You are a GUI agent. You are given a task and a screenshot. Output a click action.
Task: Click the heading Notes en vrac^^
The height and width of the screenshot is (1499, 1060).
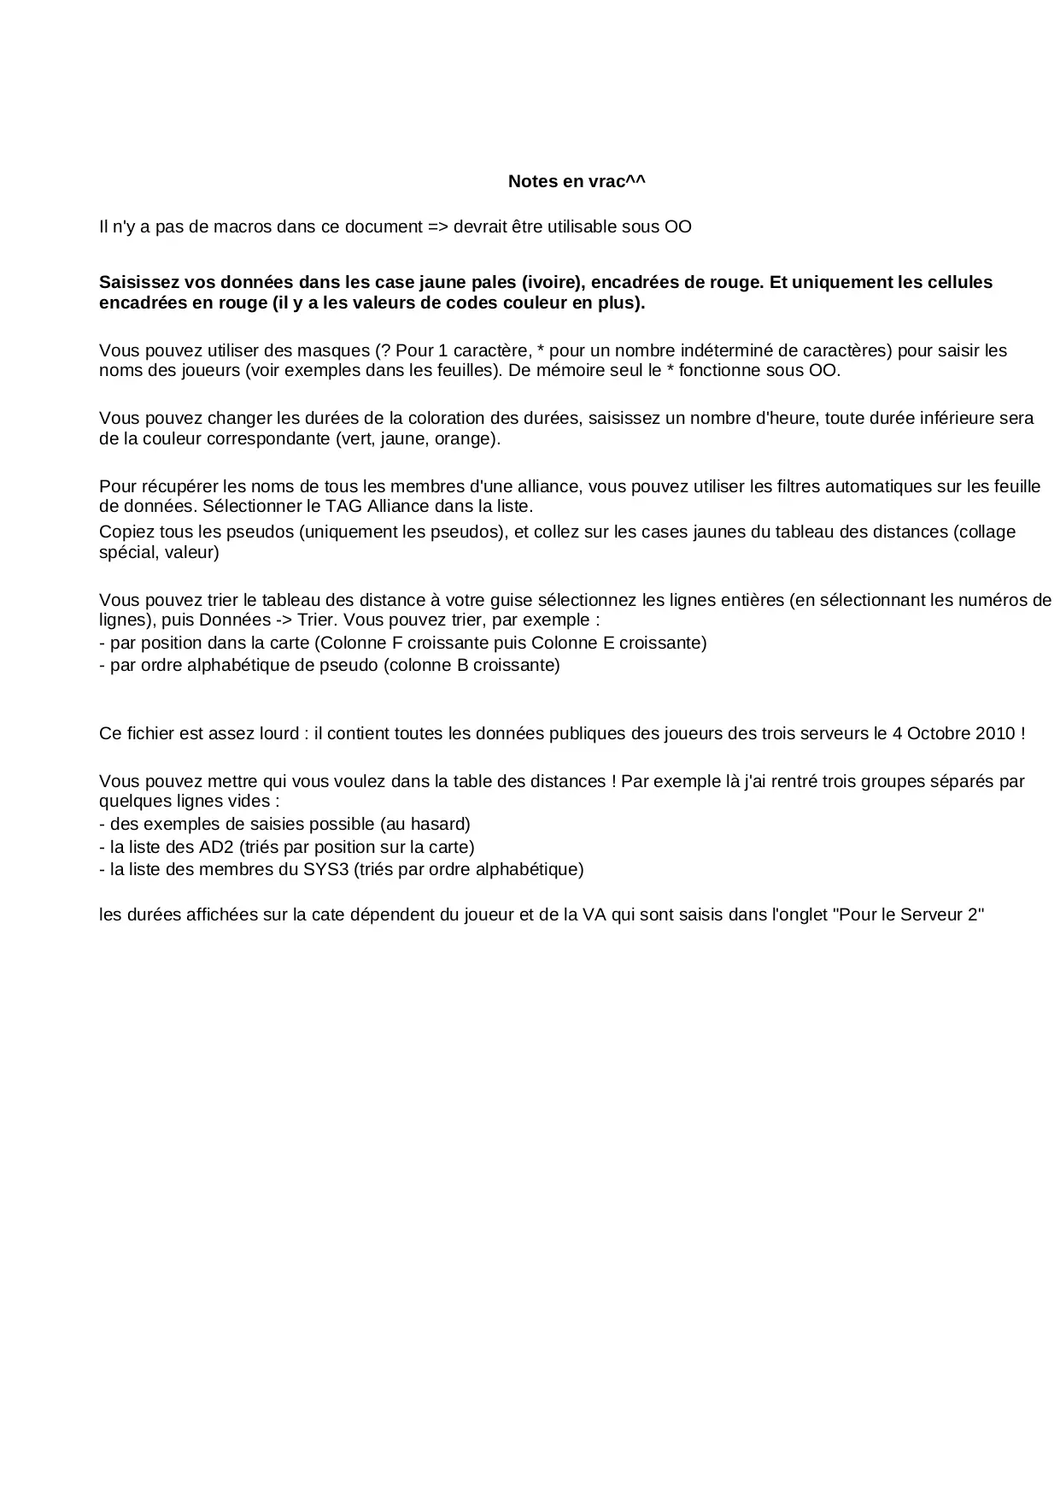[x=577, y=181]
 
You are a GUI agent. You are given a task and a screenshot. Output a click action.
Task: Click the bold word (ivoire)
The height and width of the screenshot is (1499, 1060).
[x=553, y=282]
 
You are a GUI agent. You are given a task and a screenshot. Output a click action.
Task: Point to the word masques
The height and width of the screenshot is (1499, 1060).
[x=338, y=350]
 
